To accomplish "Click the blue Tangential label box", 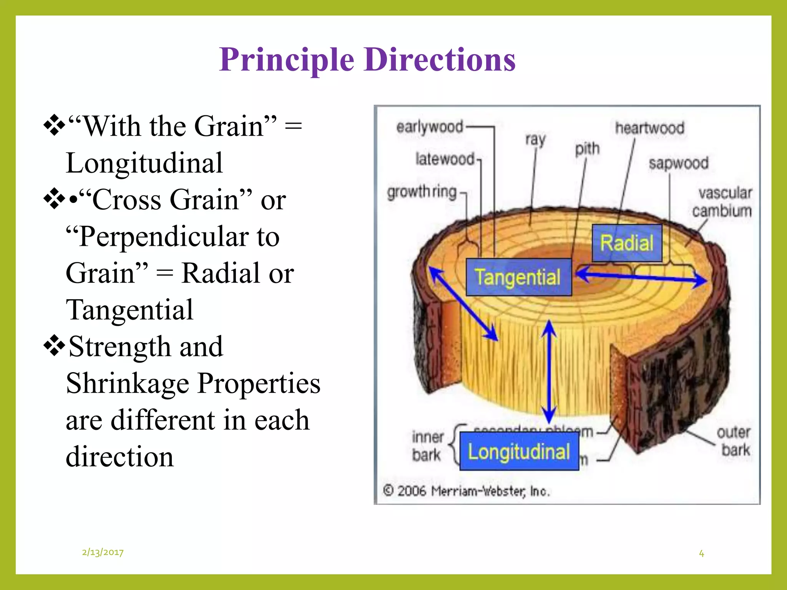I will tap(518, 277).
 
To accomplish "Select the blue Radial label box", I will tap(627, 243).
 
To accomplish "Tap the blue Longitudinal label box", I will tap(519, 451).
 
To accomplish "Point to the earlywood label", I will tap(430, 127).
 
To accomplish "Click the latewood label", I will tap(445, 159).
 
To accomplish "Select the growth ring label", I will tap(422, 192).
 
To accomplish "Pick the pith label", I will tap(587, 149).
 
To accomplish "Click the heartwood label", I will tap(649, 128).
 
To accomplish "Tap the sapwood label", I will tap(678, 163).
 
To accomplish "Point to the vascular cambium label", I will tap(723, 202).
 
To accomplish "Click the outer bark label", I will tap(734, 441).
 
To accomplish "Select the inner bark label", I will tap(427, 446).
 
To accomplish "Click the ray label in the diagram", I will tap(535, 139).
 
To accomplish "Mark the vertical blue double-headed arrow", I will tap(549, 373).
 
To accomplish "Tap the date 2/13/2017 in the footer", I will tap(103, 552).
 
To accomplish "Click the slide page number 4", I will tap(701, 554).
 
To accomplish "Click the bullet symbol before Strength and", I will tap(54, 346).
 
